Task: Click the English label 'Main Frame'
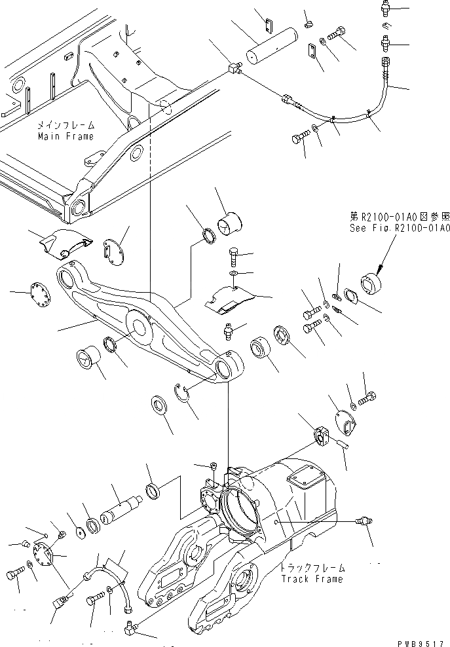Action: (65, 136)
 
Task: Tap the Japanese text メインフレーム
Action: (66, 124)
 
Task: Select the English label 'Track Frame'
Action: (311, 579)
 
